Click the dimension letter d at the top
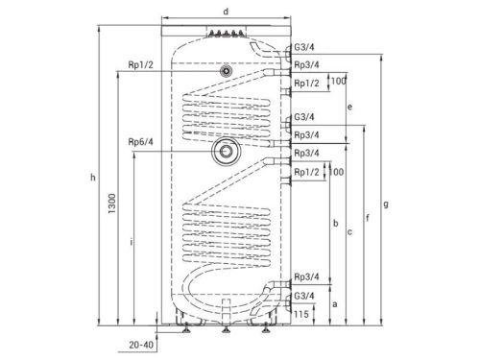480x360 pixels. click(x=226, y=12)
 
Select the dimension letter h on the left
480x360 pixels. click(x=93, y=177)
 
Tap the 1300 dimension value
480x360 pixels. click(x=111, y=204)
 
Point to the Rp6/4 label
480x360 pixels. click(x=140, y=141)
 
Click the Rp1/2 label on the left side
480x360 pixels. click(x=140, y=65)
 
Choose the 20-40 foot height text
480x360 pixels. click(x=141, y=345)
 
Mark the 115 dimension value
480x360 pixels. click(x=301, y=314)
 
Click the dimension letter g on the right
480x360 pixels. click(x=386, y=204)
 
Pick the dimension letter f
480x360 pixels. click(x=368, y=218)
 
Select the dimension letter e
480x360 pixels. click(x=349, y=107)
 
